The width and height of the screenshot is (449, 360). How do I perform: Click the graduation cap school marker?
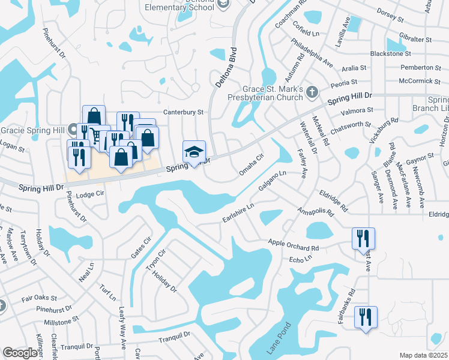pos(194,152)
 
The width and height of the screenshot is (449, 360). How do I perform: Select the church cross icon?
pos(311,91)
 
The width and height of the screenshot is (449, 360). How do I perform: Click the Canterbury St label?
pos(184,112)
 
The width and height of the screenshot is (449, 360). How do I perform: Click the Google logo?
pos(19,353)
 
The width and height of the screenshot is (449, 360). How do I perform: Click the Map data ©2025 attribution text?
pos(423,355)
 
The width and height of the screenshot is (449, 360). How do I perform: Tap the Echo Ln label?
pos(301,259)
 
